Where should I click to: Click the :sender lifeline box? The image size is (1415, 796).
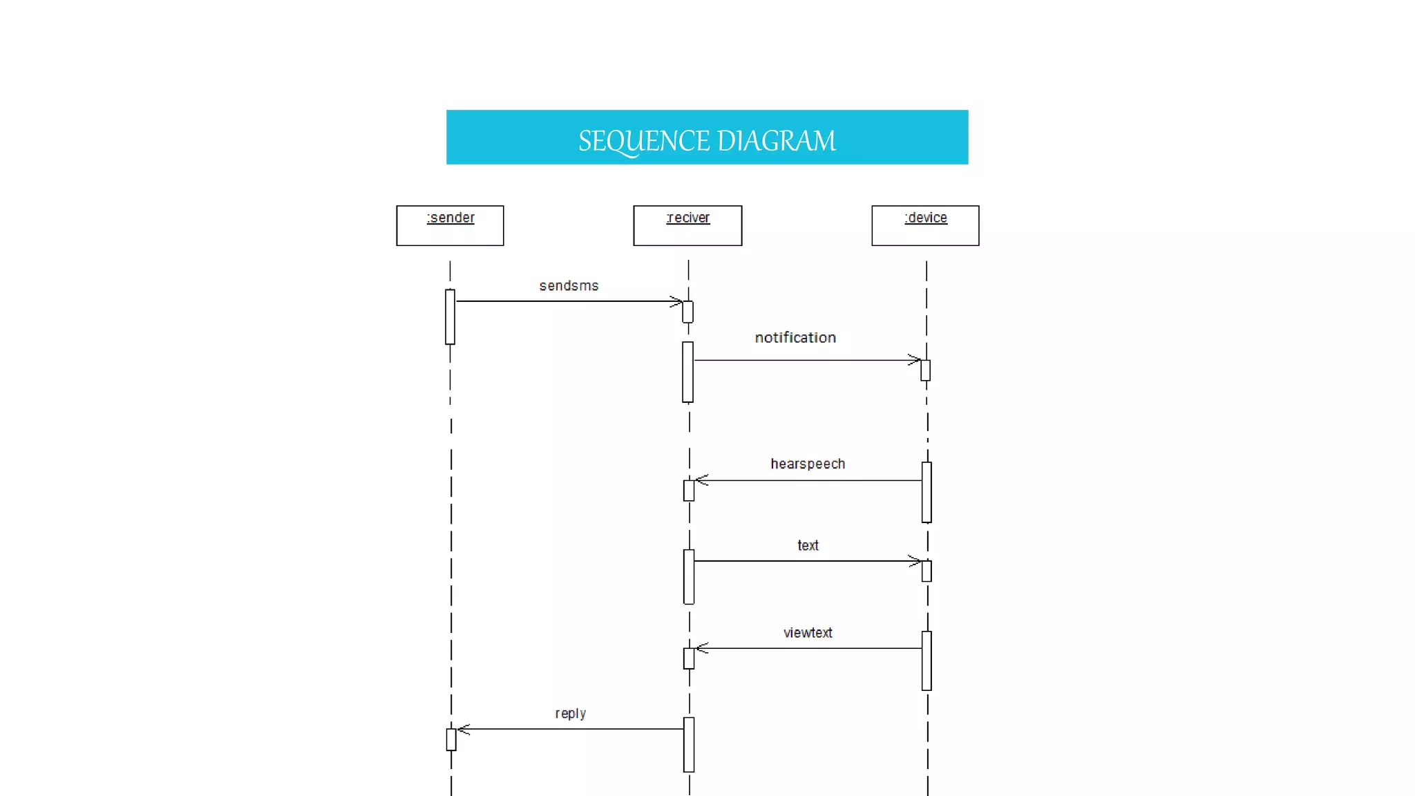450,225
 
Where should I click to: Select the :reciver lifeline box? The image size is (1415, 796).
687,225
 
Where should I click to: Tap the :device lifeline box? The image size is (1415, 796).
925,225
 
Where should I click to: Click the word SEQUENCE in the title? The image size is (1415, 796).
644,141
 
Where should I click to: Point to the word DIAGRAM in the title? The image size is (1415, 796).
777,141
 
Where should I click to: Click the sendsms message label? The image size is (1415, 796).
569,286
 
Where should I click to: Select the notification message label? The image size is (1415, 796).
795,338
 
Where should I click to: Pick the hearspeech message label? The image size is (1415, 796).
808,464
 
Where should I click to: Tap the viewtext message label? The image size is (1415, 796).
808,633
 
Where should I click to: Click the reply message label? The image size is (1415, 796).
571,714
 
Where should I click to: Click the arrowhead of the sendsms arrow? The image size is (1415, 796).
677,301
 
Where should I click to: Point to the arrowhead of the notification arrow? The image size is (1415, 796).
915,360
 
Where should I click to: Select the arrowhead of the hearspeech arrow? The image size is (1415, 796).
701,480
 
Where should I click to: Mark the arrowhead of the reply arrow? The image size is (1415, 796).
464,729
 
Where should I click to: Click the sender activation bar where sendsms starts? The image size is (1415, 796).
450,317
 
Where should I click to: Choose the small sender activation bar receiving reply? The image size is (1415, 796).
451,739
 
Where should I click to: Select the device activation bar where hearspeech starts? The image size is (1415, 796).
927,493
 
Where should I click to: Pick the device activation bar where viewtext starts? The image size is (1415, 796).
927,661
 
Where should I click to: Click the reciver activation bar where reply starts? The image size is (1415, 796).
689,745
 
